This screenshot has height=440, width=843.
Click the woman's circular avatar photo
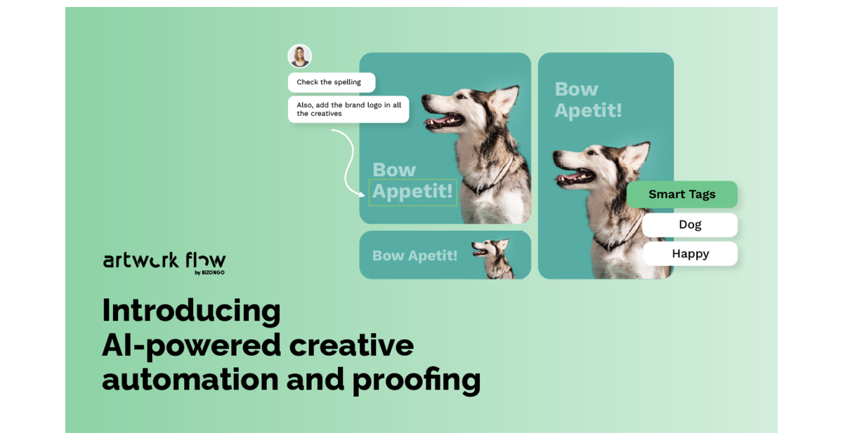(x=300, y=56)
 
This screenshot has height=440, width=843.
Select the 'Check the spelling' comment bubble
(x=331, y=82)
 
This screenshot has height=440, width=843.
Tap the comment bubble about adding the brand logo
(x=348, y=109)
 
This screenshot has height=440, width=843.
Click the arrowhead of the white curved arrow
(x=362, y=194)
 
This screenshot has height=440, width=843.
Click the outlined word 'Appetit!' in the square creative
(x=412, y=192)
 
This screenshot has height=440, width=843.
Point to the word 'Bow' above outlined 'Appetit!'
(x=394, y=170)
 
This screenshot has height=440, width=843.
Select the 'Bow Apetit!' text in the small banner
(x=414, y=255)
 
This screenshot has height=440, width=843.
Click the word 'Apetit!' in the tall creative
(x=588, y=110)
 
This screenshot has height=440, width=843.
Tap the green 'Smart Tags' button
(x=681, y=194)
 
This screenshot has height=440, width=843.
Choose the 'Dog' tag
(x=690, y=225)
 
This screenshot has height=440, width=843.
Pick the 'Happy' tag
(x=690, y=254)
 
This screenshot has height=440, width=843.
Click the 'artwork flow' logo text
(x=164, y=260)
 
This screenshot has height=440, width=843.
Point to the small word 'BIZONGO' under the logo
(x=214, y=272)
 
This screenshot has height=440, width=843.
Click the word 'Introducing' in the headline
(x=191, y=310)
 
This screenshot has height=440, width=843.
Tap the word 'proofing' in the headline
(x=416, y=380)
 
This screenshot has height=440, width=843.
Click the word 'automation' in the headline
(x=189, y=380)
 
